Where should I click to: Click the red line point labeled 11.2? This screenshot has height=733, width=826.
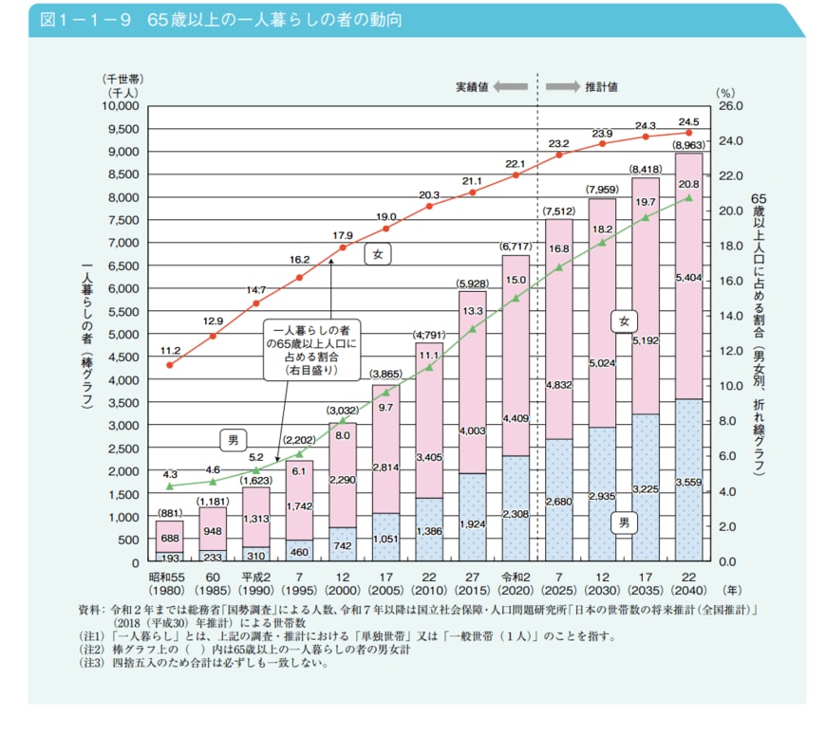pyautogui.click(x=170, y=365)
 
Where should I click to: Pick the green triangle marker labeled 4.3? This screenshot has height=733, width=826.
pyautogui.click(x=170, y=486)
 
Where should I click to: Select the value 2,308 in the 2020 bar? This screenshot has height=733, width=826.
pyautogui.click(x=516, y=513)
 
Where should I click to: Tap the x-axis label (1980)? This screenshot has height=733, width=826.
pyautogui.click(x=170, y=589)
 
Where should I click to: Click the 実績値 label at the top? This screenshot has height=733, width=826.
pyautogui.click(x=471, y=86)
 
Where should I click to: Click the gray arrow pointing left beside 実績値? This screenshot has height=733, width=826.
pyautogui.click(x=510, y=86)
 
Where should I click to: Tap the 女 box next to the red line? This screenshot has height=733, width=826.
pyautogui.click(x=377, y=254)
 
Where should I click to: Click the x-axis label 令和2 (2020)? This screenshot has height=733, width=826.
pyautogui.click(x=516, y=582)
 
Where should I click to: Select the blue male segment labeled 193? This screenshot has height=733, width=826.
pyautogui.click(x=170, y=558)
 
